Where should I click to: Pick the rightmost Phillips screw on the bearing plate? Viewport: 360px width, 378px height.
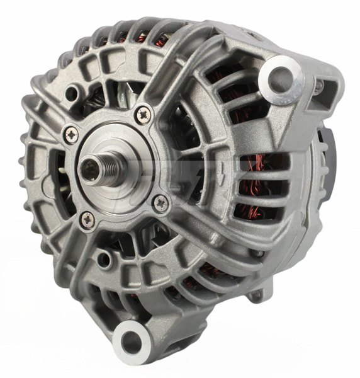pos(160,202)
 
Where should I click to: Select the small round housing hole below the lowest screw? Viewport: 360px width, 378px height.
pos(104,258)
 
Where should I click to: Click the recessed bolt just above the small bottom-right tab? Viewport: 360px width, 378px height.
pos(258,253)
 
